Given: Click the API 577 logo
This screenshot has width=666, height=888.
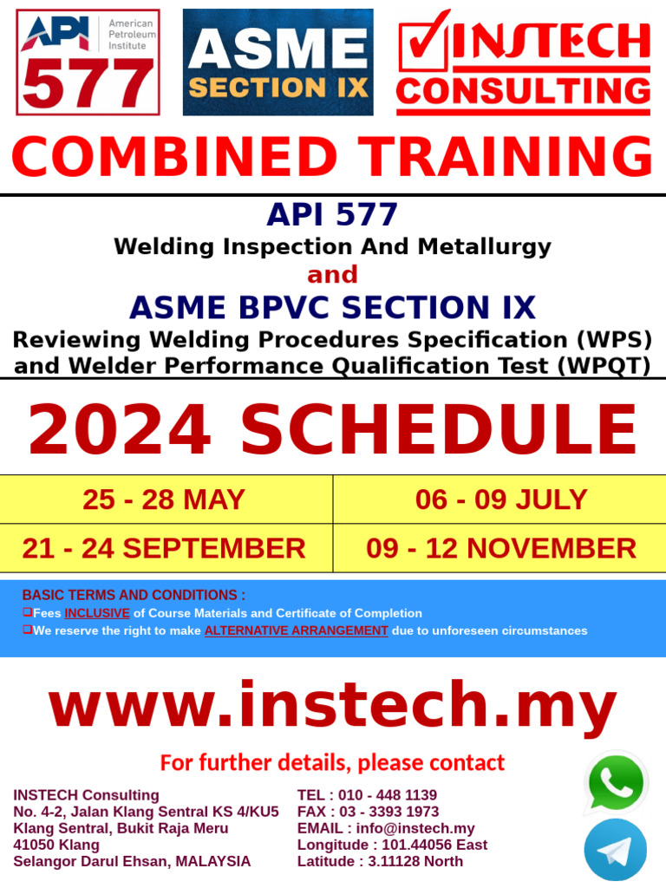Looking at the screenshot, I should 88,63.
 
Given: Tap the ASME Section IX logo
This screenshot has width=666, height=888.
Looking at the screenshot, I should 277,62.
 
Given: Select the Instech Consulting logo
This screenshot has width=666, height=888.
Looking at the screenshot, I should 523,62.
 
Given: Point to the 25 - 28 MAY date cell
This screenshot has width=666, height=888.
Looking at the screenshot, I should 164,499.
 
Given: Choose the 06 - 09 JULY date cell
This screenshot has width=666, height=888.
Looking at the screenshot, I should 500,499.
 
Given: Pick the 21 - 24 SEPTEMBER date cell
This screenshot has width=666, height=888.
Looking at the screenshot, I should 164,548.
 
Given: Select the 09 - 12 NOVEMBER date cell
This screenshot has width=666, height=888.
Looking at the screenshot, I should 500,548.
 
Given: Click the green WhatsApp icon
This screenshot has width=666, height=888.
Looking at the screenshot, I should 616,783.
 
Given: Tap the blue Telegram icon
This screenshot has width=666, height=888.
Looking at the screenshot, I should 616,850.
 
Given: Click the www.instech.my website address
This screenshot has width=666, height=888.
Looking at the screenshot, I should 333,706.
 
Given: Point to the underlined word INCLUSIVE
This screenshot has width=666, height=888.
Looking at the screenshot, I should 97,613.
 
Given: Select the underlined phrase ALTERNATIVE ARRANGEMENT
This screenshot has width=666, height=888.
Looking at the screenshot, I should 296,630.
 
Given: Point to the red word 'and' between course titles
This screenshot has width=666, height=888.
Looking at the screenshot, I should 332,274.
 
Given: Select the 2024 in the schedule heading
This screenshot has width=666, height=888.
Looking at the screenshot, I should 120,429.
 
